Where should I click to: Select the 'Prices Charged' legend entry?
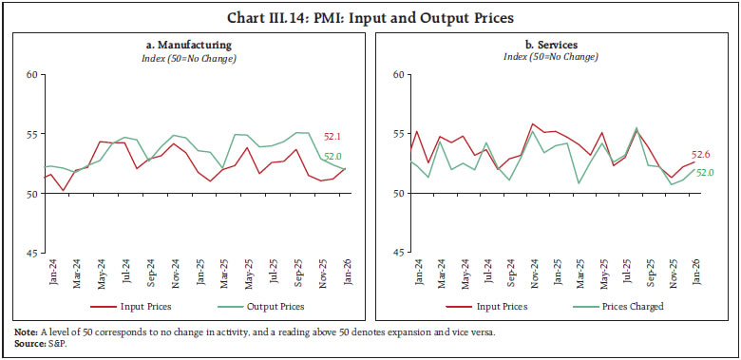(x=628, y=306)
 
